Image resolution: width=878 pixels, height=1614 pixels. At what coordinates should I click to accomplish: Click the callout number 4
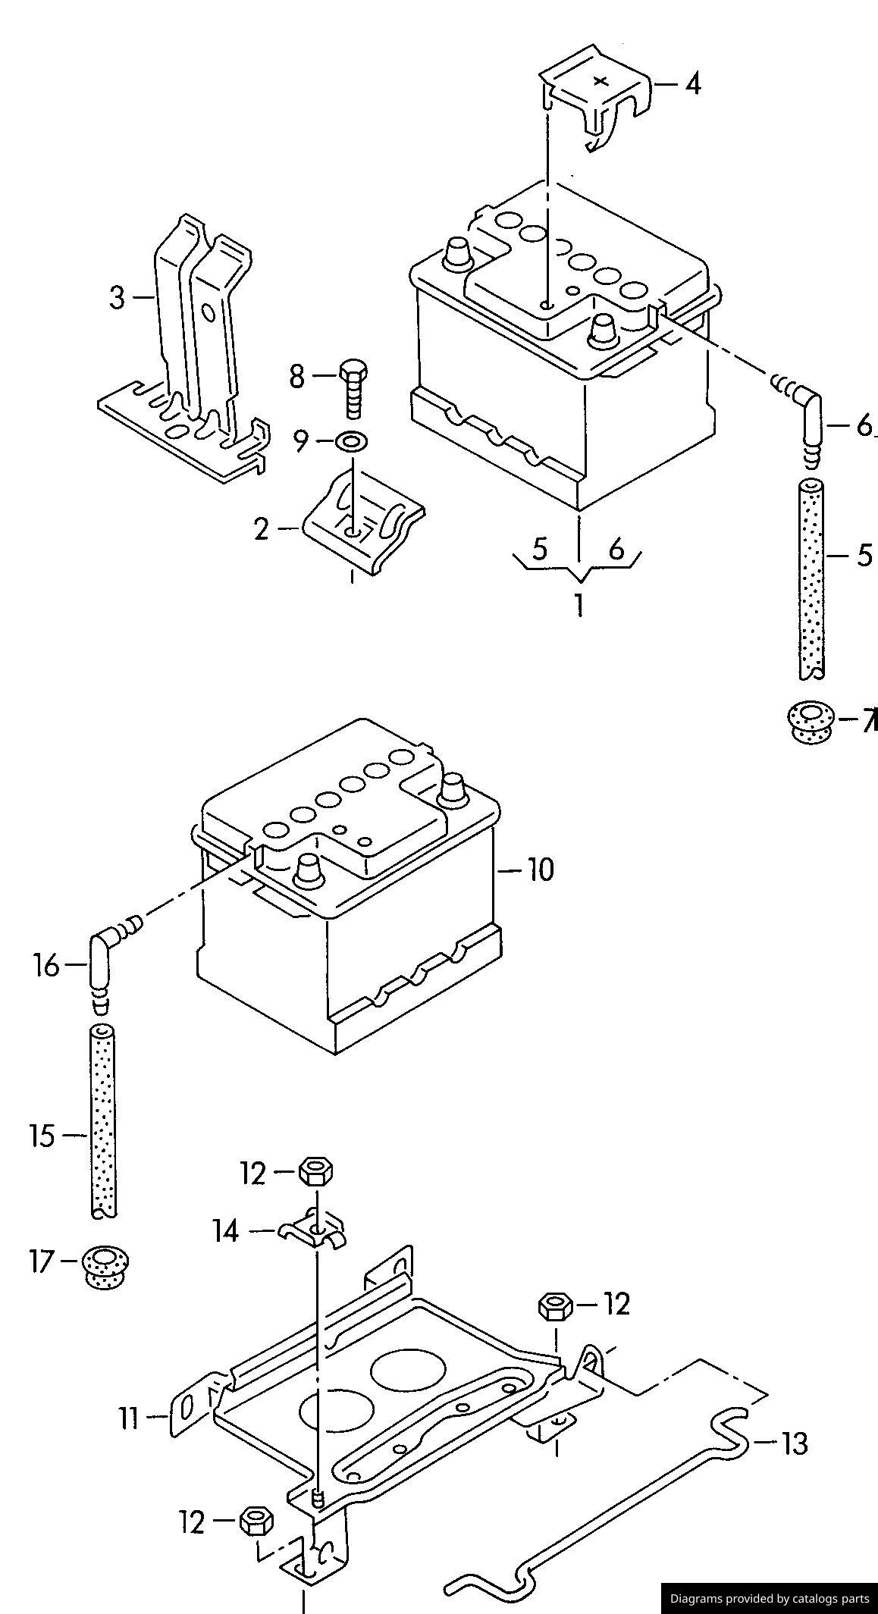pos(692,83)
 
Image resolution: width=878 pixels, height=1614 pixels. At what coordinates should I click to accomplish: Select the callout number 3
pos(117,297)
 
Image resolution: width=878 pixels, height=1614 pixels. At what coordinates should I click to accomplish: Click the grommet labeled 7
pos(810,721)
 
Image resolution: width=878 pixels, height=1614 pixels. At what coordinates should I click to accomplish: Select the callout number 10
pos(541,870)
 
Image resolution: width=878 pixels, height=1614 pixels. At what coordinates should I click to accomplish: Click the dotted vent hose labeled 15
pos(103,1123)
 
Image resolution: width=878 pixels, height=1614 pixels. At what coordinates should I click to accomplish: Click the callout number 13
pos(794,1443)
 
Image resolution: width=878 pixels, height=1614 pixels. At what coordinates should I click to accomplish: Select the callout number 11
pos(130,1417)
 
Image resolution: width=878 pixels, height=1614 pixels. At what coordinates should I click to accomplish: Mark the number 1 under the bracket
pos(579,604)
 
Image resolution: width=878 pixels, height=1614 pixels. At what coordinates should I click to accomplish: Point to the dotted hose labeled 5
pos(811,578)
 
